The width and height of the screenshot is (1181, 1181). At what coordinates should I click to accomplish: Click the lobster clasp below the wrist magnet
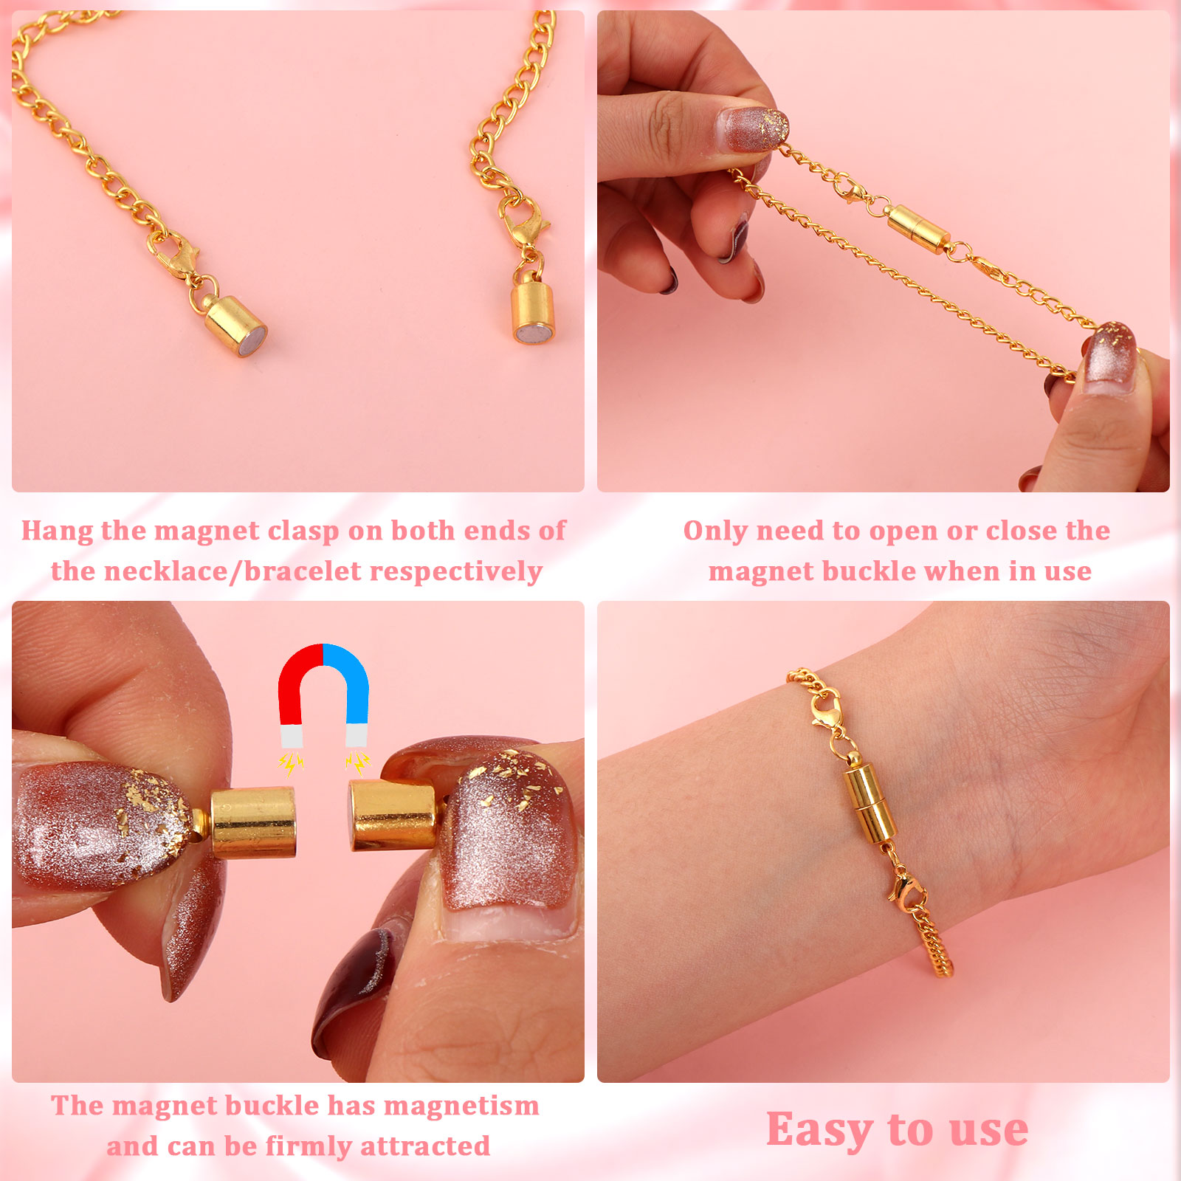(x=906, y=887)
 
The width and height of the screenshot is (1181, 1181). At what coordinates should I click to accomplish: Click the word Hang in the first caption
(x=58, y=531)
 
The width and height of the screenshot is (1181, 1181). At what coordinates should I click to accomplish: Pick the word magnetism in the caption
(x=462, y=1106)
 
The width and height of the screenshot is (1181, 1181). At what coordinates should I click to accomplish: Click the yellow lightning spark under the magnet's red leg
(x=291, y=763)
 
